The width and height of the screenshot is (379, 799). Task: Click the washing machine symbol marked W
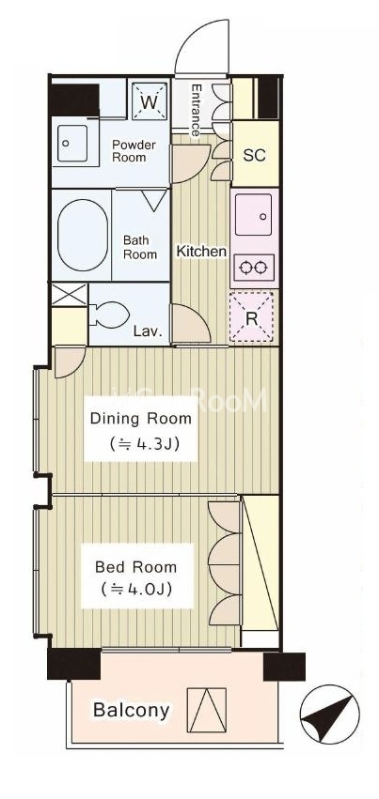point(149,100)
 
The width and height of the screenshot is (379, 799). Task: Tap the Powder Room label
point(134,151)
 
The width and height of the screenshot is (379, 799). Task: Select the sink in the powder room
point(71,144)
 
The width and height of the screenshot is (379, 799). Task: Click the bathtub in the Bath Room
point(83,235)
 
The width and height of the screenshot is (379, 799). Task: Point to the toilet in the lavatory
point(109,314)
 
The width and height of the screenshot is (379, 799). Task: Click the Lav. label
point(148,332)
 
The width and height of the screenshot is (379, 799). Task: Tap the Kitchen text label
point(201,252)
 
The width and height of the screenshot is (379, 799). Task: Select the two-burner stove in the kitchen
point(254,267)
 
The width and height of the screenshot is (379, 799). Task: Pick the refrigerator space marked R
point(251,317)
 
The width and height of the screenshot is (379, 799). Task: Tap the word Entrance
point(196,110)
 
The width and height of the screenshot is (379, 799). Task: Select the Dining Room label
point(141,419)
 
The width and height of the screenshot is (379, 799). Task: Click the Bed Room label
point(135,567)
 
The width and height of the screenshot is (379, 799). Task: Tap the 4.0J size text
point(135,590)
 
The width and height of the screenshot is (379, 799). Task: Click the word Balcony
point(131,710)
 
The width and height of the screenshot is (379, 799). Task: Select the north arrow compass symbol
point(329,714)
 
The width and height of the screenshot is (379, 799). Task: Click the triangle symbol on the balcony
point(207,710)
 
